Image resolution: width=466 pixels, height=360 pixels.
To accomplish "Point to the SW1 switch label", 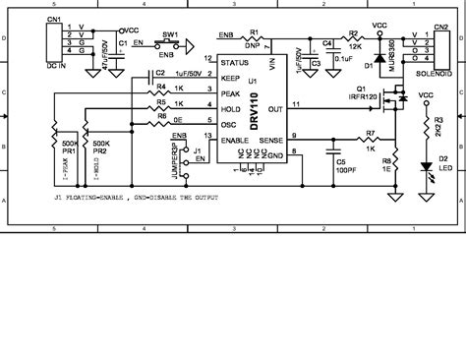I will click(169, 34).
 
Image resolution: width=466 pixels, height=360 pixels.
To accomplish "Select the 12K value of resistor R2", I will click(355, 46).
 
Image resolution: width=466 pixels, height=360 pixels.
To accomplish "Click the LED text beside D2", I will click(445, 168).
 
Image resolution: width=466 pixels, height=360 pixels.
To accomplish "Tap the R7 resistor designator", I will click(371, 132).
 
